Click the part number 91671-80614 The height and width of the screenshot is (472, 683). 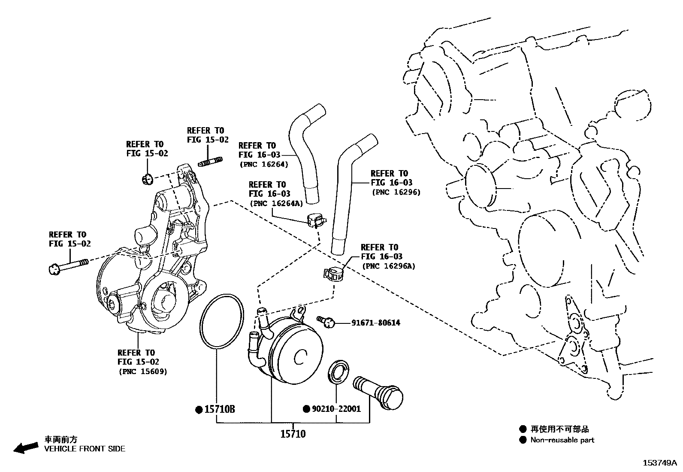click(x=375, y=323)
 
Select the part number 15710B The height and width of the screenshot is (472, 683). click(x=220, y=409)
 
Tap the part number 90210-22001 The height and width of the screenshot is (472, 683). click(x=336, y=409)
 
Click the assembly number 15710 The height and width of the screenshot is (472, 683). click(x=293, y=434)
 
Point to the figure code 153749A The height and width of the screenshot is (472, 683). click(x=659, y=463)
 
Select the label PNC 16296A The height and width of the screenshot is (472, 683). click(x=389, y=266)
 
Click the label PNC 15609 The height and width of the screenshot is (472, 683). click(x=142, y=371)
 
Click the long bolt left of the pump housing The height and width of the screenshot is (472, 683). click(x=69, y=266)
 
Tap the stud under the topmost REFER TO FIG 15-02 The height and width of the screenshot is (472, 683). click(x=210, y=162)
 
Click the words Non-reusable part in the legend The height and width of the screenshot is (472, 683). click(x=562, y=440)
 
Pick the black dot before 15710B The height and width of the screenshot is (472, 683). click(x=199, y=410)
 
